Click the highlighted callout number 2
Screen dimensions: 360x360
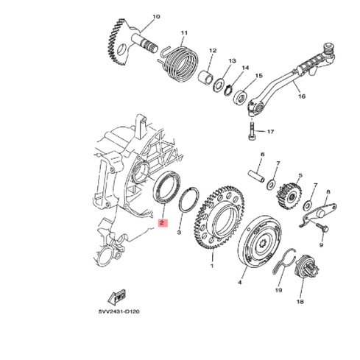click(161, 223)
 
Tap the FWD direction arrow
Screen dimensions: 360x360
click(117, 297)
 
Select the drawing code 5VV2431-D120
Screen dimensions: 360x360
click(119, 311)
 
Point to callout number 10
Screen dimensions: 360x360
click(156, 17)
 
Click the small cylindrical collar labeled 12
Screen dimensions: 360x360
click(205, 77)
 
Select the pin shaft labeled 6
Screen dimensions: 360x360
click(256, 176)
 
